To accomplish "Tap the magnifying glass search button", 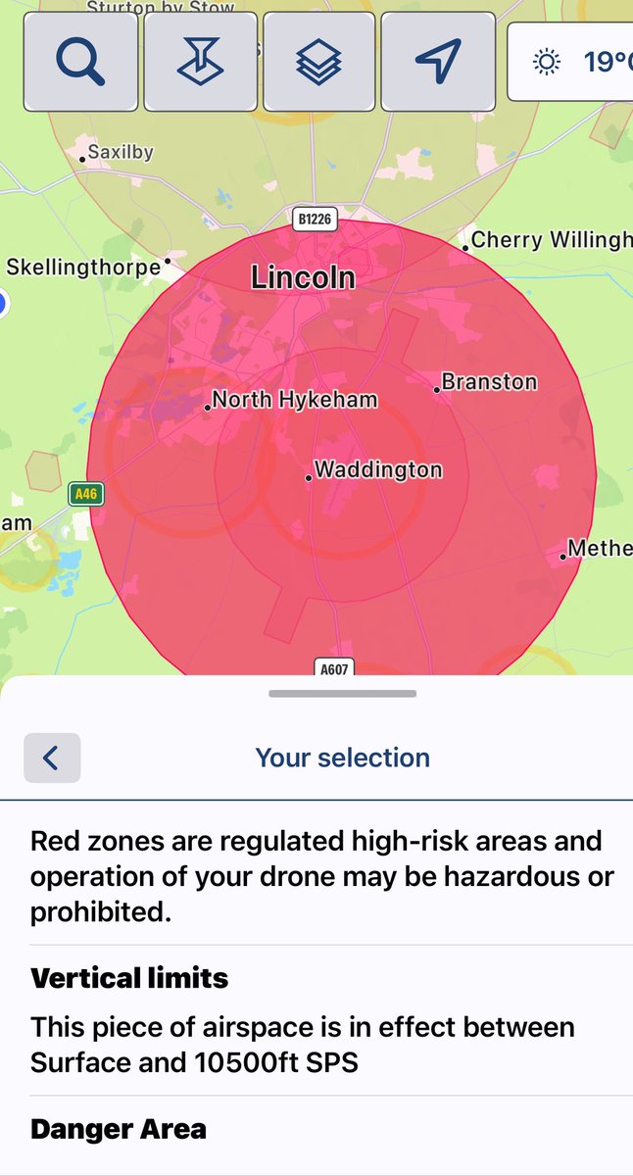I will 80,61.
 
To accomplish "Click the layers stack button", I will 318,61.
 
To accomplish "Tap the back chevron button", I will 52,758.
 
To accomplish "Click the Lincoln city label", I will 303,277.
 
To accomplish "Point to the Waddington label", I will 378,470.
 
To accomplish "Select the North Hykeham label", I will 294,400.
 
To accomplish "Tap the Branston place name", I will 489,382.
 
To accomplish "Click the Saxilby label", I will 121,153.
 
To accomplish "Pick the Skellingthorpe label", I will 83,267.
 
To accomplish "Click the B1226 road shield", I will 314,220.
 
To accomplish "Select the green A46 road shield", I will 86,495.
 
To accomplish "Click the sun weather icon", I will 546,63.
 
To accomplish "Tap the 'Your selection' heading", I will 342,758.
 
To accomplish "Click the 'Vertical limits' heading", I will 129,978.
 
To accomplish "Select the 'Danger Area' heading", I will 119,1129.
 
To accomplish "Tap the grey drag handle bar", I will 342,694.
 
